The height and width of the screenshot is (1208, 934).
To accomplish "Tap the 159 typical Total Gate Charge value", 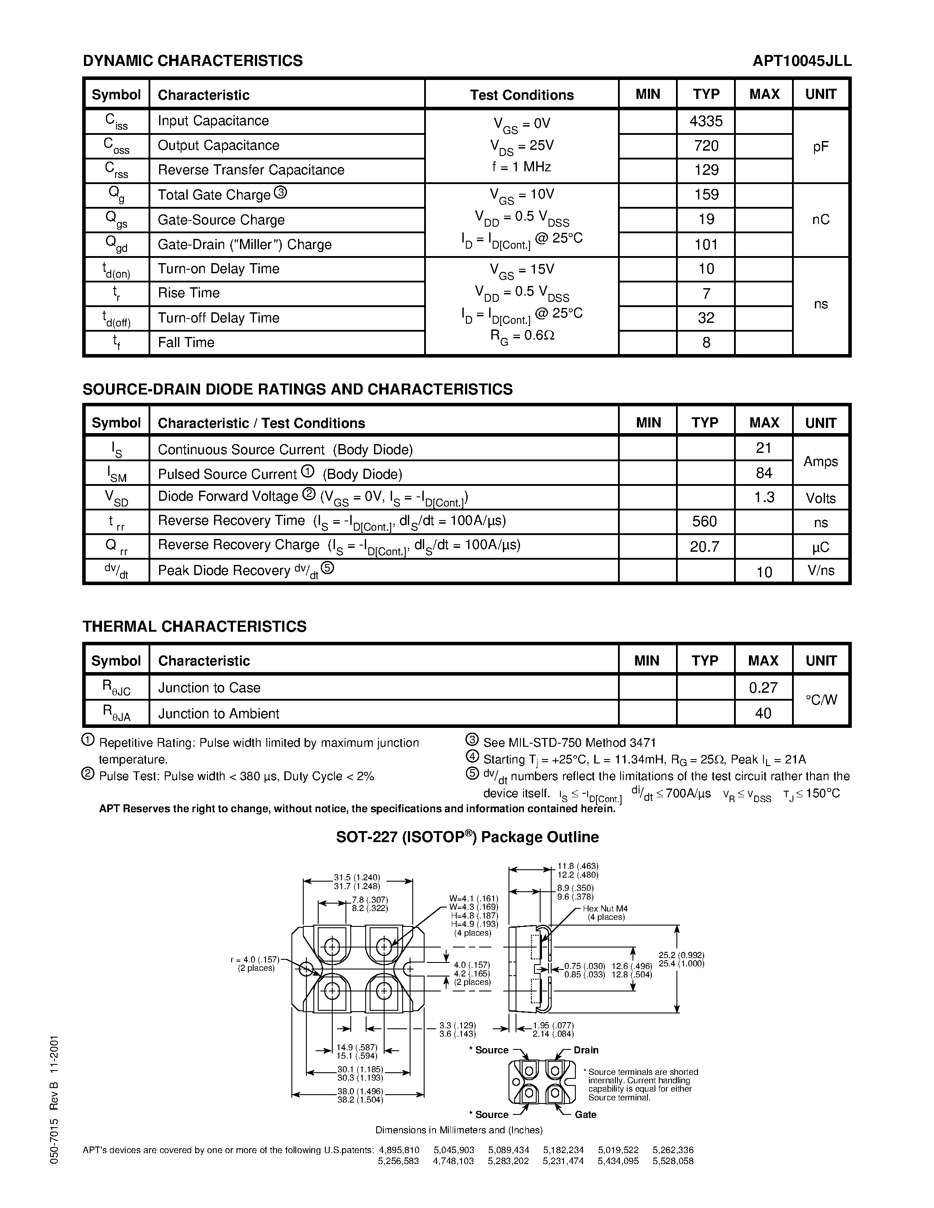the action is pyautogui.click(x=706, y=195).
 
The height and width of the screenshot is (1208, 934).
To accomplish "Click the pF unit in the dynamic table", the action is pyautogui.click(x=821, y=147).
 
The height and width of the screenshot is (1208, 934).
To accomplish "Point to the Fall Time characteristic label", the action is pyautogui.click(x=186, y=342).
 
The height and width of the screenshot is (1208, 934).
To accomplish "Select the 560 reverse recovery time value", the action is pyautogui.click(x=705, y=521).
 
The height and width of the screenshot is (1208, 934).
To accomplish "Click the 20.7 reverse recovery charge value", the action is pyautogui.click(x=705, y=546).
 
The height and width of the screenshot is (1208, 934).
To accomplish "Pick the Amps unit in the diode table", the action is pyautogui.click(x=821, y=461).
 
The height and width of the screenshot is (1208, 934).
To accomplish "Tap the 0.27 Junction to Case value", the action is pyautogui.click(x=763, y=687).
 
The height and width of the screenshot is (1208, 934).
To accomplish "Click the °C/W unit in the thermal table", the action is pyautogui.click(x=821, y=700).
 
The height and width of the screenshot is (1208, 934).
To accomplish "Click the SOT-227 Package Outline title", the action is pyautogui.click(x=468, y=837).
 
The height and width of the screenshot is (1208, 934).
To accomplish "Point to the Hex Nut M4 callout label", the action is pyautogui.click(x=605, y=909).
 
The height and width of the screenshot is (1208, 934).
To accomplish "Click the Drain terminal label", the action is pyautogui.click(x=585, y=1050).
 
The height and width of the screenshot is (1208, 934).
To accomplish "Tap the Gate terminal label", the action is pyautogui.click(x=585, y=1114).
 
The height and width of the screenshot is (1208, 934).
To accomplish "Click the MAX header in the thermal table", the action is pyautogui.click(x=763, y=660).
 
